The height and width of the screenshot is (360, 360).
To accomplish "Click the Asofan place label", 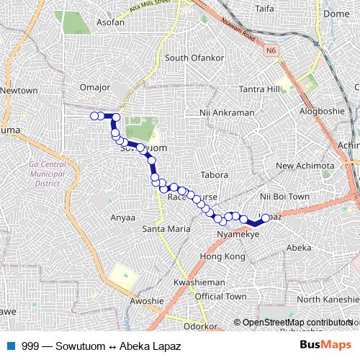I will tap(90, 22).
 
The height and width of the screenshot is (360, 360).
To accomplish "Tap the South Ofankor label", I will tap(191, 58).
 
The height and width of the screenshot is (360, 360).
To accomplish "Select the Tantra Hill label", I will tap(259, 89).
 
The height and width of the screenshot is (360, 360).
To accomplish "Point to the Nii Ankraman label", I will tap(227, 113).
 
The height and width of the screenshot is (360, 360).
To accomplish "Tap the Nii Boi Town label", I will tap(284, 196).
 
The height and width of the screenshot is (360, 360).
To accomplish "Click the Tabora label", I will tap(215, 175).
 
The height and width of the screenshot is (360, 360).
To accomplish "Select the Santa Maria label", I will tap(166, 229).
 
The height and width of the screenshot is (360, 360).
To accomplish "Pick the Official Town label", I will tap(220, 297).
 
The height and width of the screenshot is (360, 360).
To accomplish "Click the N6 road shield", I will tap(271, 50).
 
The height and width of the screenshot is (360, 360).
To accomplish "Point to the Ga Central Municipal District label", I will tap(47, 174).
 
